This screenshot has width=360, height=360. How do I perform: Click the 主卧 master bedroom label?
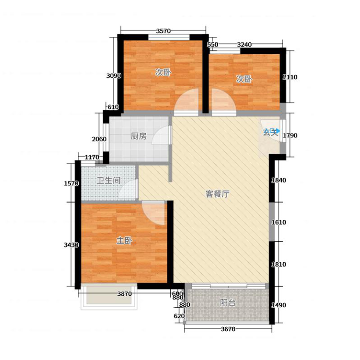click(x=124, y=241)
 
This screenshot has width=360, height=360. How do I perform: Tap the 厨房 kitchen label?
click(x=139, y=136)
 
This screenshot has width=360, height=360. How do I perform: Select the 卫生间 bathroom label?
click(x=108, y=180)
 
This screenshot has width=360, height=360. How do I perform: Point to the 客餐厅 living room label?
click(x=217, y=194)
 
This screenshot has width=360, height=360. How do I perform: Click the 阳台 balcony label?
click(x=228, y=302)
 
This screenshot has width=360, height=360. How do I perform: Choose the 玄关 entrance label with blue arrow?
click(x=271, y=132)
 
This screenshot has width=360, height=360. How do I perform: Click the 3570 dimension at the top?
click(x=163, y=31)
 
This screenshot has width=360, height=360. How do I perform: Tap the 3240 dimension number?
click(x=244, y=44)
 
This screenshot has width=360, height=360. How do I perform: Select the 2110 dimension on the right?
click(x=290, y=77)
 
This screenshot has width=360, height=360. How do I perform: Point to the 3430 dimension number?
click(x=71, y=245)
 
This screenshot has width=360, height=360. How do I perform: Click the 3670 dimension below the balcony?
click(x=228, y=329)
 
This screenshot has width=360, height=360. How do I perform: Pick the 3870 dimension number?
click(x=124, y=294)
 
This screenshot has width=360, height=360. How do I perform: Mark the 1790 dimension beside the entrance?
click(x=290, y=135)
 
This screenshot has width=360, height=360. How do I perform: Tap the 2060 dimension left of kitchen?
click(x=99, y=139)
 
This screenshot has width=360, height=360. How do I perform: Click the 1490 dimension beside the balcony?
click(x=279, y=305)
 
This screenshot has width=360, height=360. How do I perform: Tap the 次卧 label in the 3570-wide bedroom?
click(x=163, y=72)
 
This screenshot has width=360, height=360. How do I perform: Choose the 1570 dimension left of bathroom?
click(x=71, y=183)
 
